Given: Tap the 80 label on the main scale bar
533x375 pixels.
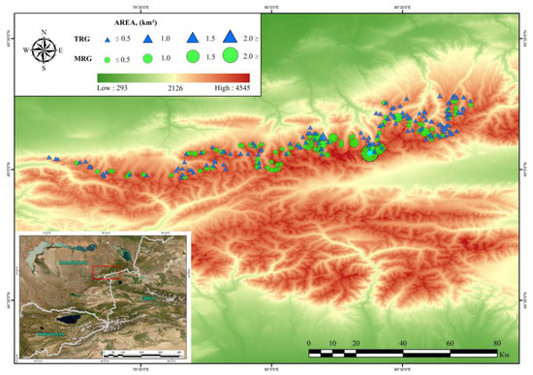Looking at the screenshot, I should coord(496,343).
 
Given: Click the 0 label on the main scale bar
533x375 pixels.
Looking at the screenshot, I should coord(308,343).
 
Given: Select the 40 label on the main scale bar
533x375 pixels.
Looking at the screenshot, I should coord(402,343).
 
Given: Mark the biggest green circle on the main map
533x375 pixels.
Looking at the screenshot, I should coord(370,151).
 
